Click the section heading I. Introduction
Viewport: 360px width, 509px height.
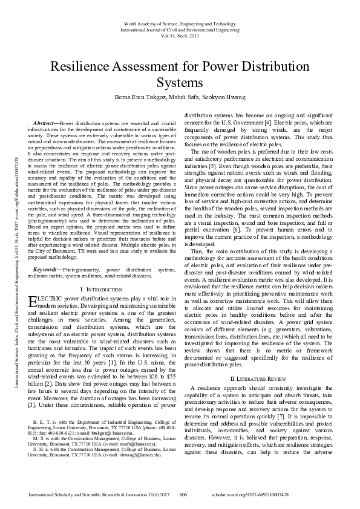click(101, 290)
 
